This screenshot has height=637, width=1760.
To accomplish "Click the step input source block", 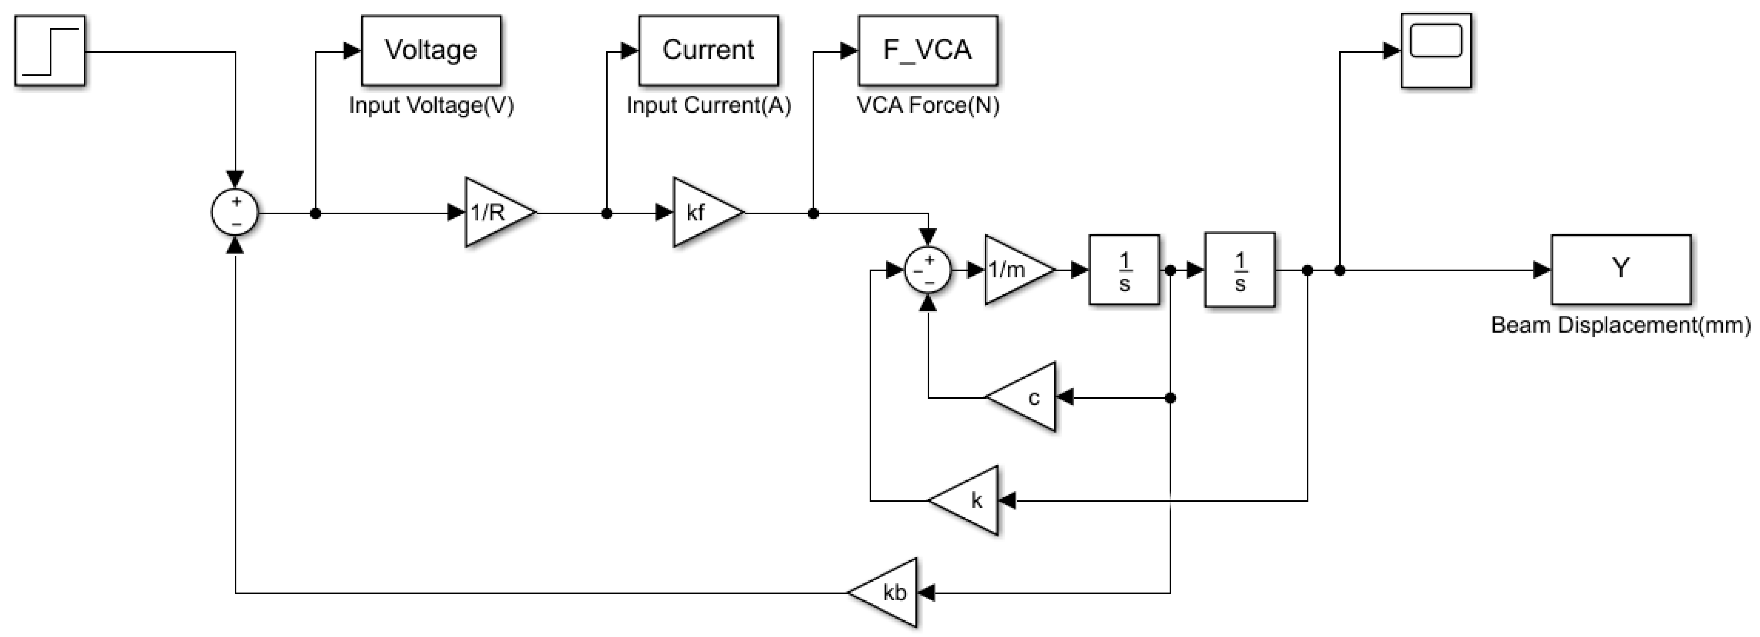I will tap(50, 51).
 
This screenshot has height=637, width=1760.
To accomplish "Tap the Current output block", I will tap(708, 50).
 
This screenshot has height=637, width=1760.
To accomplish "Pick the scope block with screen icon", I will tap(1436, 50).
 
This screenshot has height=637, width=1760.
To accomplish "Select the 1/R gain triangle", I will tap(495, 212).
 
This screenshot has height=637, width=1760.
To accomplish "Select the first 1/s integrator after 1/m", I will tap(1124, 270).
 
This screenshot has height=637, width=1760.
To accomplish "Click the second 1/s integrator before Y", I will tap(1239, 270).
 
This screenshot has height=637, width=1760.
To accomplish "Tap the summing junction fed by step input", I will tap(235, 212).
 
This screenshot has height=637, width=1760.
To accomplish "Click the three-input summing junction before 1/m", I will tap(928, 270).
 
